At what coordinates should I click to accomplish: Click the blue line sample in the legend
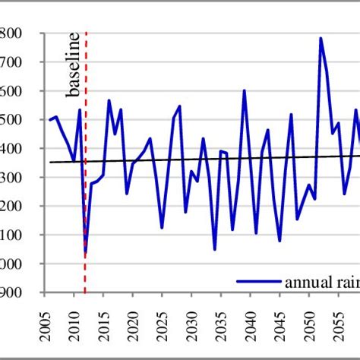[259, 281]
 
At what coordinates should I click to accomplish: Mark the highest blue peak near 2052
[321, 38]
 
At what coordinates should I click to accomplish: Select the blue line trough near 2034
[215, 249]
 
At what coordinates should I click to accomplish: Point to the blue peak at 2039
[245, 90]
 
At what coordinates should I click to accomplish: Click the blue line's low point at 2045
[279, 241]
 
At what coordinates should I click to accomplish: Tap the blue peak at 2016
[109, 100]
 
